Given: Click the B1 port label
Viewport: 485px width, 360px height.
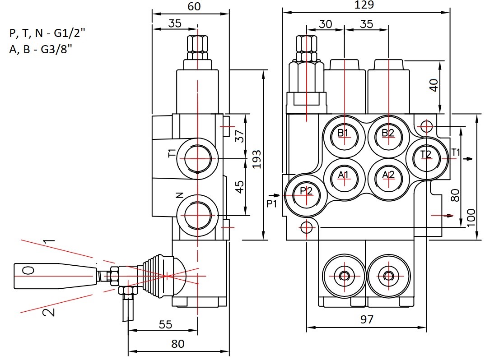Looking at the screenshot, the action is click(343, 133).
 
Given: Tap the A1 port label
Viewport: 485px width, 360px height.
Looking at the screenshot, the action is click(343, 175).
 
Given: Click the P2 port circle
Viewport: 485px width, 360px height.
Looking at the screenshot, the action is click(306, 195).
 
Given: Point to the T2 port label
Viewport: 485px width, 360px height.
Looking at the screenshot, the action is click(425, 154).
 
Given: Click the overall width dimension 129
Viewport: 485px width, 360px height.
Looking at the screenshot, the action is click(364, 5).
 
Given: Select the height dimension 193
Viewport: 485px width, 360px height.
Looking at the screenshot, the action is click(257, 159).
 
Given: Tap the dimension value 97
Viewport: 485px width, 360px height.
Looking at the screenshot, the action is click(367, 319).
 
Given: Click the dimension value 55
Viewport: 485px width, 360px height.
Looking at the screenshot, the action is click(165, 324).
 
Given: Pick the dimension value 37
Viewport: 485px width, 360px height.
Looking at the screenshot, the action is click(240, 136).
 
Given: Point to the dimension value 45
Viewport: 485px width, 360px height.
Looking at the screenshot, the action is click(240, 187).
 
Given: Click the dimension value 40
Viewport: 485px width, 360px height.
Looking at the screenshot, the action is click(434, 85).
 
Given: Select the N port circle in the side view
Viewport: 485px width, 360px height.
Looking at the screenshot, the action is click(198, 215).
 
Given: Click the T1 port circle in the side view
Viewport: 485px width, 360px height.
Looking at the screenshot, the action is click(198, 158).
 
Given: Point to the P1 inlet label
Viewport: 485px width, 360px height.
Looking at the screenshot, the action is click(271, 204).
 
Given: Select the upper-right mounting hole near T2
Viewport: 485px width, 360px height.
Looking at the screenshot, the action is click(427, 126).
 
